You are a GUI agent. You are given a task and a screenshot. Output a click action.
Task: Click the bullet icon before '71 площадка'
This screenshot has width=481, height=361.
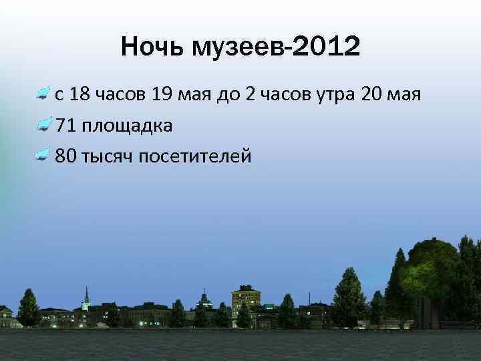click(43, 125)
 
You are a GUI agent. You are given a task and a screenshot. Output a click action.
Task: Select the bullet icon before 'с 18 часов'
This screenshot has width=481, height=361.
click(43, 94)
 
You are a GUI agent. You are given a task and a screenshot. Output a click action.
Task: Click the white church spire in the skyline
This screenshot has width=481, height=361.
click(86, 297)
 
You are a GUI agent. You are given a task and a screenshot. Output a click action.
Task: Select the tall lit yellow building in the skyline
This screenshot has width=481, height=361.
click(245, 297)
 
